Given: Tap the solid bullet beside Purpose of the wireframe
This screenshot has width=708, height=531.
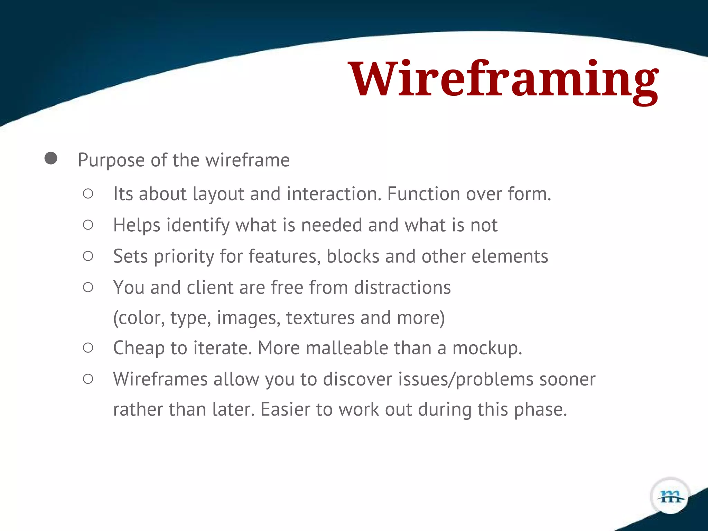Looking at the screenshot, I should click(51, 158).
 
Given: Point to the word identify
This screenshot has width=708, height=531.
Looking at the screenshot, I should click(198, 225).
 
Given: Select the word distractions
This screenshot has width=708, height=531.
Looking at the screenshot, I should click(402, 288).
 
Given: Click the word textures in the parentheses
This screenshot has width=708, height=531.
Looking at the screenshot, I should click(320, 318).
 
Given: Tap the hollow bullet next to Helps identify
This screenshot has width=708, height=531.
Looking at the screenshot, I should click(88, 225).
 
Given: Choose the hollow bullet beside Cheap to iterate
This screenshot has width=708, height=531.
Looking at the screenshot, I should click(88, 348).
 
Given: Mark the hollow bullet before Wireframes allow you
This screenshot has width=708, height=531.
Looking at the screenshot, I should click(88, 379).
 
